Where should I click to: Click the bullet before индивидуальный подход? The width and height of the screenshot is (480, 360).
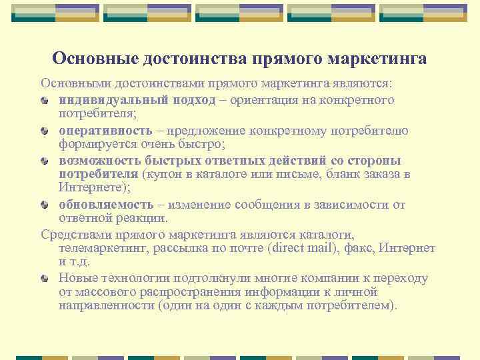(x=45, y=101)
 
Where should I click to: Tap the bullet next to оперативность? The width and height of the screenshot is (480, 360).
(x=45, y=131)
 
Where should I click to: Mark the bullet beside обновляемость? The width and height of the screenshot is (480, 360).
(x=45, y=205)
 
